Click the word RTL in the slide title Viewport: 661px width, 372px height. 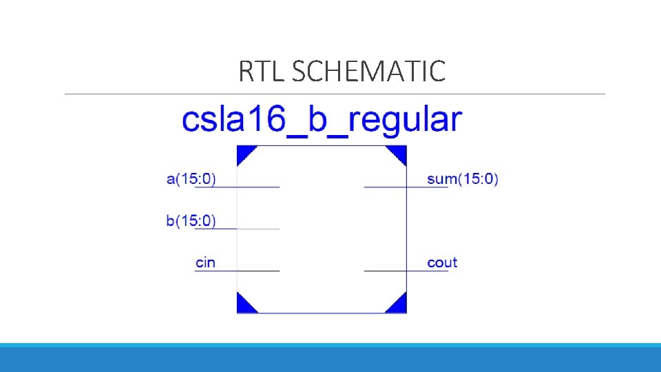click(x=262, y=71)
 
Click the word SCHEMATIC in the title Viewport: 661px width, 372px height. click(x=368, y=71)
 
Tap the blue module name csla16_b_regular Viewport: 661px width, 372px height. click(x=322, y=119)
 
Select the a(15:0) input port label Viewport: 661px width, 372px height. click(x=191, y=179)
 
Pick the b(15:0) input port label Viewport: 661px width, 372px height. click(x=191, y=221)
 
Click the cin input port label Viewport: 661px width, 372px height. click(x=205, y=262)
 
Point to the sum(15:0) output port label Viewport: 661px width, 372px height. click(x=462, y=179)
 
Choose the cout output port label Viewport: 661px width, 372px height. click(x=442, y=262)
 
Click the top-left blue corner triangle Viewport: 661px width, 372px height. click(x=244, y=152)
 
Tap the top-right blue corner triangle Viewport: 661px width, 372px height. click(x=399, y=152)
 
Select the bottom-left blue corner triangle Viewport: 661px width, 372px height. click(x=244, y=305)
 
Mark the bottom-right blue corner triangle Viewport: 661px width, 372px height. click(x=399, y=305)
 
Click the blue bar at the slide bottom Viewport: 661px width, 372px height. click(x=330, y=358)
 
